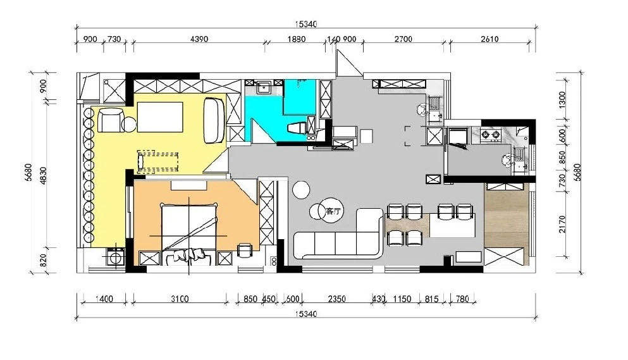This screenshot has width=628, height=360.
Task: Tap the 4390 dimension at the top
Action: click(199, 39)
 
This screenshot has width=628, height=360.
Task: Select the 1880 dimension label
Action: click(297, 39)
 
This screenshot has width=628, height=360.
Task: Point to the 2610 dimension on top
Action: click(489, 39)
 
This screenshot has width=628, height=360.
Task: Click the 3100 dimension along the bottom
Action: click(180, 299)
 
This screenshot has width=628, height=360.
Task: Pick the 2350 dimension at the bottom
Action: click(336, 299)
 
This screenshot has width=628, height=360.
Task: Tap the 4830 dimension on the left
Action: click(43, 176)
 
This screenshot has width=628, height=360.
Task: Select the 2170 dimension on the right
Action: click(562, 225)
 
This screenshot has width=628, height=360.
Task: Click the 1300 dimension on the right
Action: click(562, 100)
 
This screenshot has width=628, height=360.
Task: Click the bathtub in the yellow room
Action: click(214, 120)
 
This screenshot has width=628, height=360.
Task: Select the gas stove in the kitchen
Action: click(491, 135)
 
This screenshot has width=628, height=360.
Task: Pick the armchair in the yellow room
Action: click(111, 120)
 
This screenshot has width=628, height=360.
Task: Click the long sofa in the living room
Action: click(337, 233)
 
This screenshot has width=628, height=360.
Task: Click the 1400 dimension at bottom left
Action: click(104, 299)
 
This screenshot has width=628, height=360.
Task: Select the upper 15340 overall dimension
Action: click(306, 24)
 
